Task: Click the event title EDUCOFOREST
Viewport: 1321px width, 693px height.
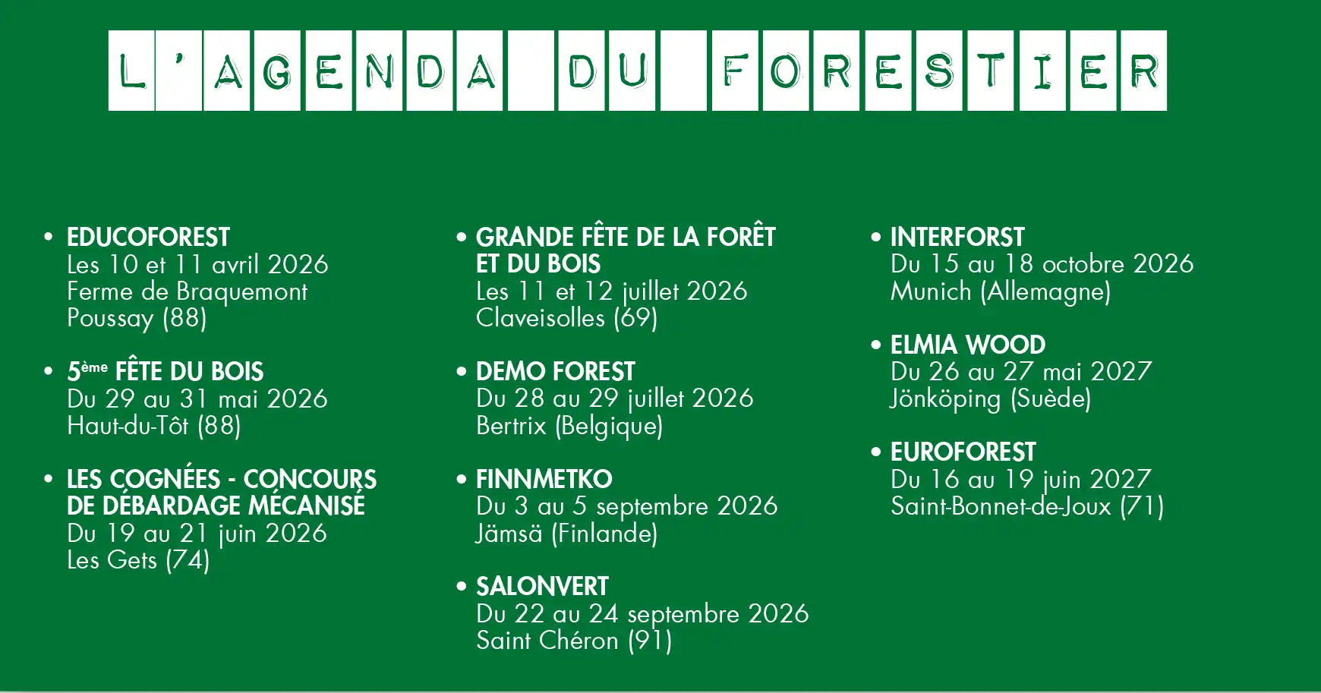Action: [148, 238]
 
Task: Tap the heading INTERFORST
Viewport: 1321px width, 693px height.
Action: [957, 238]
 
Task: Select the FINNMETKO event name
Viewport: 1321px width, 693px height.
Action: [544, 480]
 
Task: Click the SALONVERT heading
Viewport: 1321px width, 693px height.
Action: [542, 587]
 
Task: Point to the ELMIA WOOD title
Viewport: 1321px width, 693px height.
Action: [968, 345]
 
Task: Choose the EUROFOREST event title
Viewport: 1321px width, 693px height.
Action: [963, 452]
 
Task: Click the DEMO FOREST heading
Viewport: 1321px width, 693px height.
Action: [555, 372]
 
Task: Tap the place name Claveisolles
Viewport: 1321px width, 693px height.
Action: [541, 318]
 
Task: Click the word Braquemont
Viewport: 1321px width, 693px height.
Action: [241, 291]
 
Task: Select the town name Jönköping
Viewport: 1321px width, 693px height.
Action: [945, 399]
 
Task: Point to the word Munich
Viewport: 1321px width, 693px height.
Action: [931, 291]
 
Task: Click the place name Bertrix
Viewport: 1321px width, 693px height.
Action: [511, 426]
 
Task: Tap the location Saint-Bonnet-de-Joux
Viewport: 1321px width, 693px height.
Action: [1001, 506]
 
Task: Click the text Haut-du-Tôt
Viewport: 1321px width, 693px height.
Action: [128, 426]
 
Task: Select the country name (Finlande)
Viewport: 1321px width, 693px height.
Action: [604, 534]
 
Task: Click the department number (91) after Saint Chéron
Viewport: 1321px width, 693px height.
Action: [650, 641]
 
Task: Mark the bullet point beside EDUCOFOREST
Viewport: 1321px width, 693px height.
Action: [49, 237]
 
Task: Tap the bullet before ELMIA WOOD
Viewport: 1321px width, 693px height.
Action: [876, 345]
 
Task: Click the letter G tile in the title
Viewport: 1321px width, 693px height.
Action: [277, 71]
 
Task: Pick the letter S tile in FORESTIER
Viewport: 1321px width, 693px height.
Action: [939, 71]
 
